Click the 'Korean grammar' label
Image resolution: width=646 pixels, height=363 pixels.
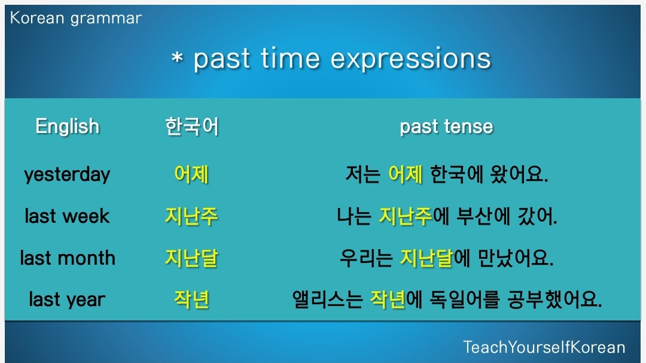[x=76, y=19]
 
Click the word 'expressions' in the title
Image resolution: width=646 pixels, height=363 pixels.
[x=411, y=59]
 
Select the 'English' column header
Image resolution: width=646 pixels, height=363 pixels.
[x=68, y=126]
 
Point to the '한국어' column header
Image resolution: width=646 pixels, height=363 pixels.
[x=191, y=126]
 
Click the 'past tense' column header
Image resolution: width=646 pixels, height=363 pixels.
[x=446, y=126]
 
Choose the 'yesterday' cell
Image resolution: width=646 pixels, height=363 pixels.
[x=67, y=175]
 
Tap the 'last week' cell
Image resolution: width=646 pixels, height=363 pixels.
[x=67, y=216]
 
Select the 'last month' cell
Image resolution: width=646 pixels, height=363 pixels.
[x=68, y=258]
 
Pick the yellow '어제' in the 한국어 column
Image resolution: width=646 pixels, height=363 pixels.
[x=191, y=174]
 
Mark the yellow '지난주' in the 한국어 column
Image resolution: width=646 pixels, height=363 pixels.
[x=191, y=216]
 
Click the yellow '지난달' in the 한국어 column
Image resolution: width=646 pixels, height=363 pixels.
[x=191, y=258]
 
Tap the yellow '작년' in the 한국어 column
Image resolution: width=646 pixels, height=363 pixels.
[x=191, y=300]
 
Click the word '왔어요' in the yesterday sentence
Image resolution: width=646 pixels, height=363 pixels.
[x=519, y=174]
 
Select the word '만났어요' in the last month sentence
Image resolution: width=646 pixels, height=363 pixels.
[x=516, y=258]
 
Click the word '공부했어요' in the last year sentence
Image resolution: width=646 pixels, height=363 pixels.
[x=554, y=300]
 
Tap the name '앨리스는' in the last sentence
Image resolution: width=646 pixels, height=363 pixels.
[x=328, y=300]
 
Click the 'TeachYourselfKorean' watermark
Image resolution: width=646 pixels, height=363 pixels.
[x=544, y=347]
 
